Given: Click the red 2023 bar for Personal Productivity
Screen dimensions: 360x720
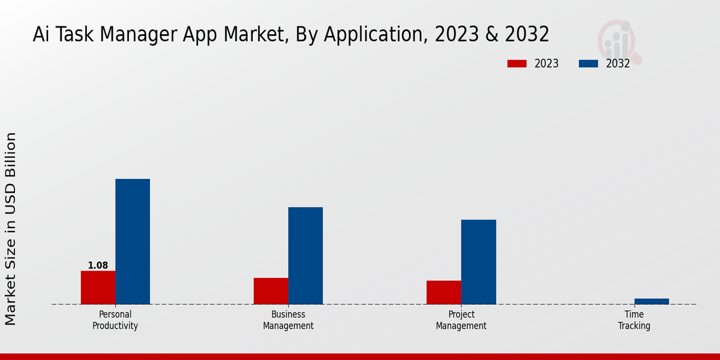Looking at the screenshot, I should pyautogui.click(x=98, y=287).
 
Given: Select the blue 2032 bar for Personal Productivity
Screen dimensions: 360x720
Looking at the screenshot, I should pyautogui.click(x=133, y=241).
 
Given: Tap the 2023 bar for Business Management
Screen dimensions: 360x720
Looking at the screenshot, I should pyautogui.click(x=271, y=291).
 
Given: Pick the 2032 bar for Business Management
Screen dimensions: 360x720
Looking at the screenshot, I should pyautogui.click(x=305, y=256).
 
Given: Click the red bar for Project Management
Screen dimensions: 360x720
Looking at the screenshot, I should pyautogui.click(x=443, y=292).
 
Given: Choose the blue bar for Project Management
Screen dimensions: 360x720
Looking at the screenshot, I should pyautogui.click(x=479, y=262).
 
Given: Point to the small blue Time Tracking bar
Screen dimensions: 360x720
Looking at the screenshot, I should pyautogui.click(x=652, y=301).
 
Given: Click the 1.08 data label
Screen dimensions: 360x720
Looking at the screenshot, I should pyautogui.click(x=98, y=265).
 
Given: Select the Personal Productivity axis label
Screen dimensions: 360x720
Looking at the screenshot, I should pyautogui.click(x=115, y=320).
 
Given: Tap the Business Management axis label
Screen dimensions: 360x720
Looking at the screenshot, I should pyautogui.click(x=288, y=320).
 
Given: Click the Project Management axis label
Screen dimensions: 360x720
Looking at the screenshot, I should pyautogui.click(x=461, y=320).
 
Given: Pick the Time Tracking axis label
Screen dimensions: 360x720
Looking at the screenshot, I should pyautogui.click(x=634, y=320).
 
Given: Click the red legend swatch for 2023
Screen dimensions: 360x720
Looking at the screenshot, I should pyautogui.click(x=517, y=64).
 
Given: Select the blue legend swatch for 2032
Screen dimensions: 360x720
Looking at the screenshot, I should pyautogui.click(x=588, y=64).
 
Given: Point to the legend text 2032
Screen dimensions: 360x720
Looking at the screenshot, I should pyautogui.click(x=618, y=64).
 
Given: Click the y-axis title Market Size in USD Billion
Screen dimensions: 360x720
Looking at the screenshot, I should pyautogui.click(x=11, y=229).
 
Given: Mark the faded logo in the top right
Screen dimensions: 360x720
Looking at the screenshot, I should pyautogui.click(x=618, y=42).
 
